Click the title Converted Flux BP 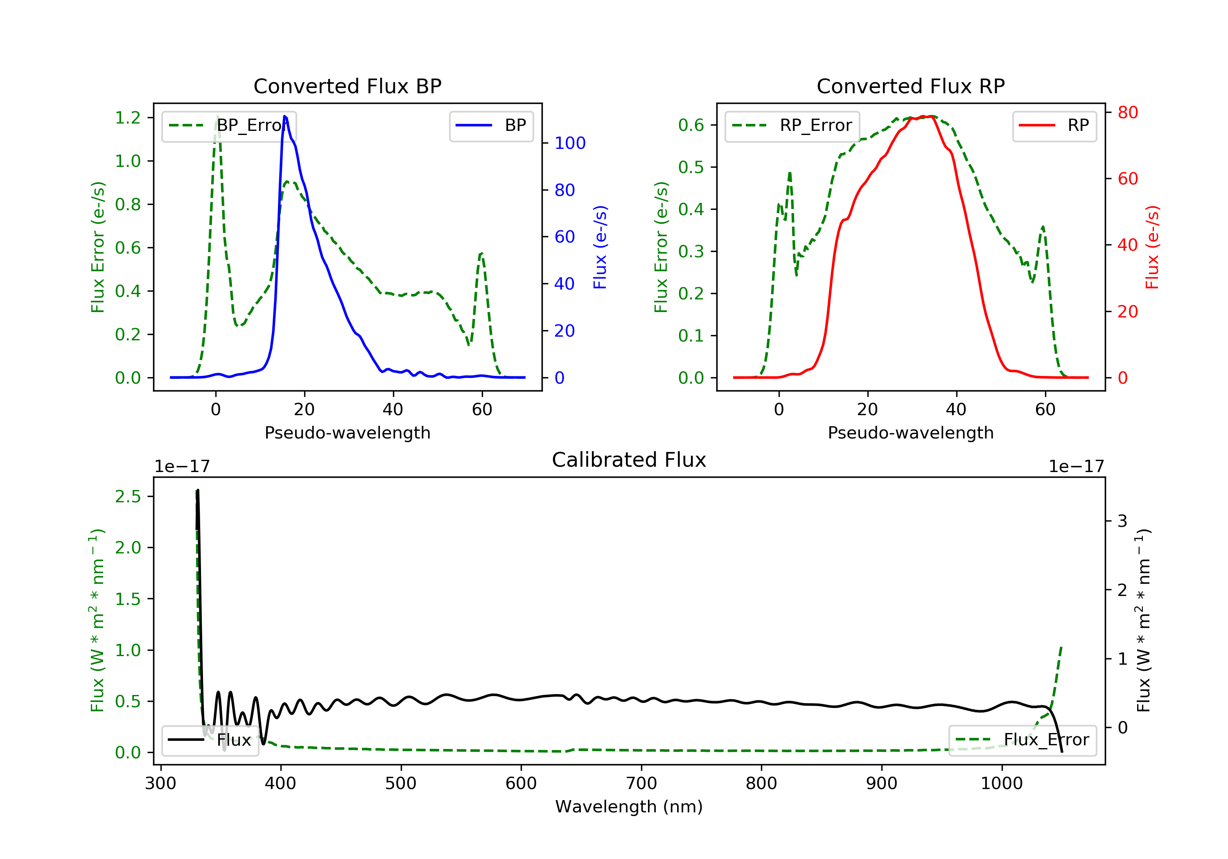(x=347, y=86)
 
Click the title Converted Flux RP (x=910, y=86)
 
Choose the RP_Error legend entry (x=792, y=126)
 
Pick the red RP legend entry (x=1054, y=126)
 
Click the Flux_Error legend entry (x=1022, y=740)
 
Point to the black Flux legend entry (x=210, y=740)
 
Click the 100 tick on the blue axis (x=570, y=143)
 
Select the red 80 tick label (x=1127, y=112)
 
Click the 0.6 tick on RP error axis (x=691, y=125)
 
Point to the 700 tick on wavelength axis (x=641, y=784)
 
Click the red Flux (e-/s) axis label (x=1151, y=247)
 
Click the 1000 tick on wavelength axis (x=1002, y=784)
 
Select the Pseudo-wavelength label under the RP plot (x=910, y=432)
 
